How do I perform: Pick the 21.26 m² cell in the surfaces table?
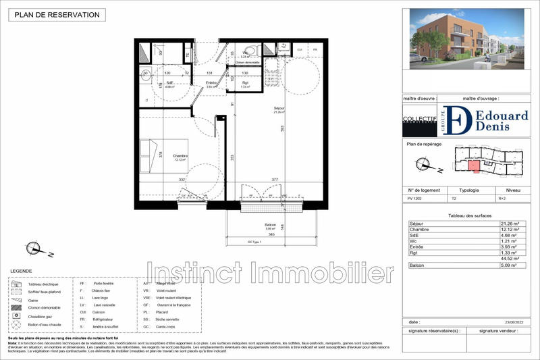[511, 224]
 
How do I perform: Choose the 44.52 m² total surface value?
[510, 259]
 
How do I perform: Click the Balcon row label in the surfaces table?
[418, 265]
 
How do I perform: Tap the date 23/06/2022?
[514, 322]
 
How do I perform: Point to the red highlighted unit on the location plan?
[475, 166]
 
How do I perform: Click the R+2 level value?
[502, 199]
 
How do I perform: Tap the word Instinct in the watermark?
[196, 274]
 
